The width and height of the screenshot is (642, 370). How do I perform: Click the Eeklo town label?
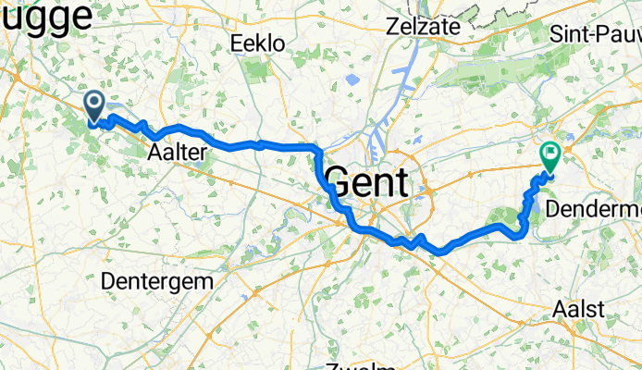[257, 43]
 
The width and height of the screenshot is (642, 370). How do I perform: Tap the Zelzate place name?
[426, 26]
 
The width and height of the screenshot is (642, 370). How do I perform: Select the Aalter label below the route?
[176, 154]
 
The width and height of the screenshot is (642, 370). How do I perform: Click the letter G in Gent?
[340, 181]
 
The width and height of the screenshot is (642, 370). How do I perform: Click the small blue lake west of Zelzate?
[352, 80]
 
